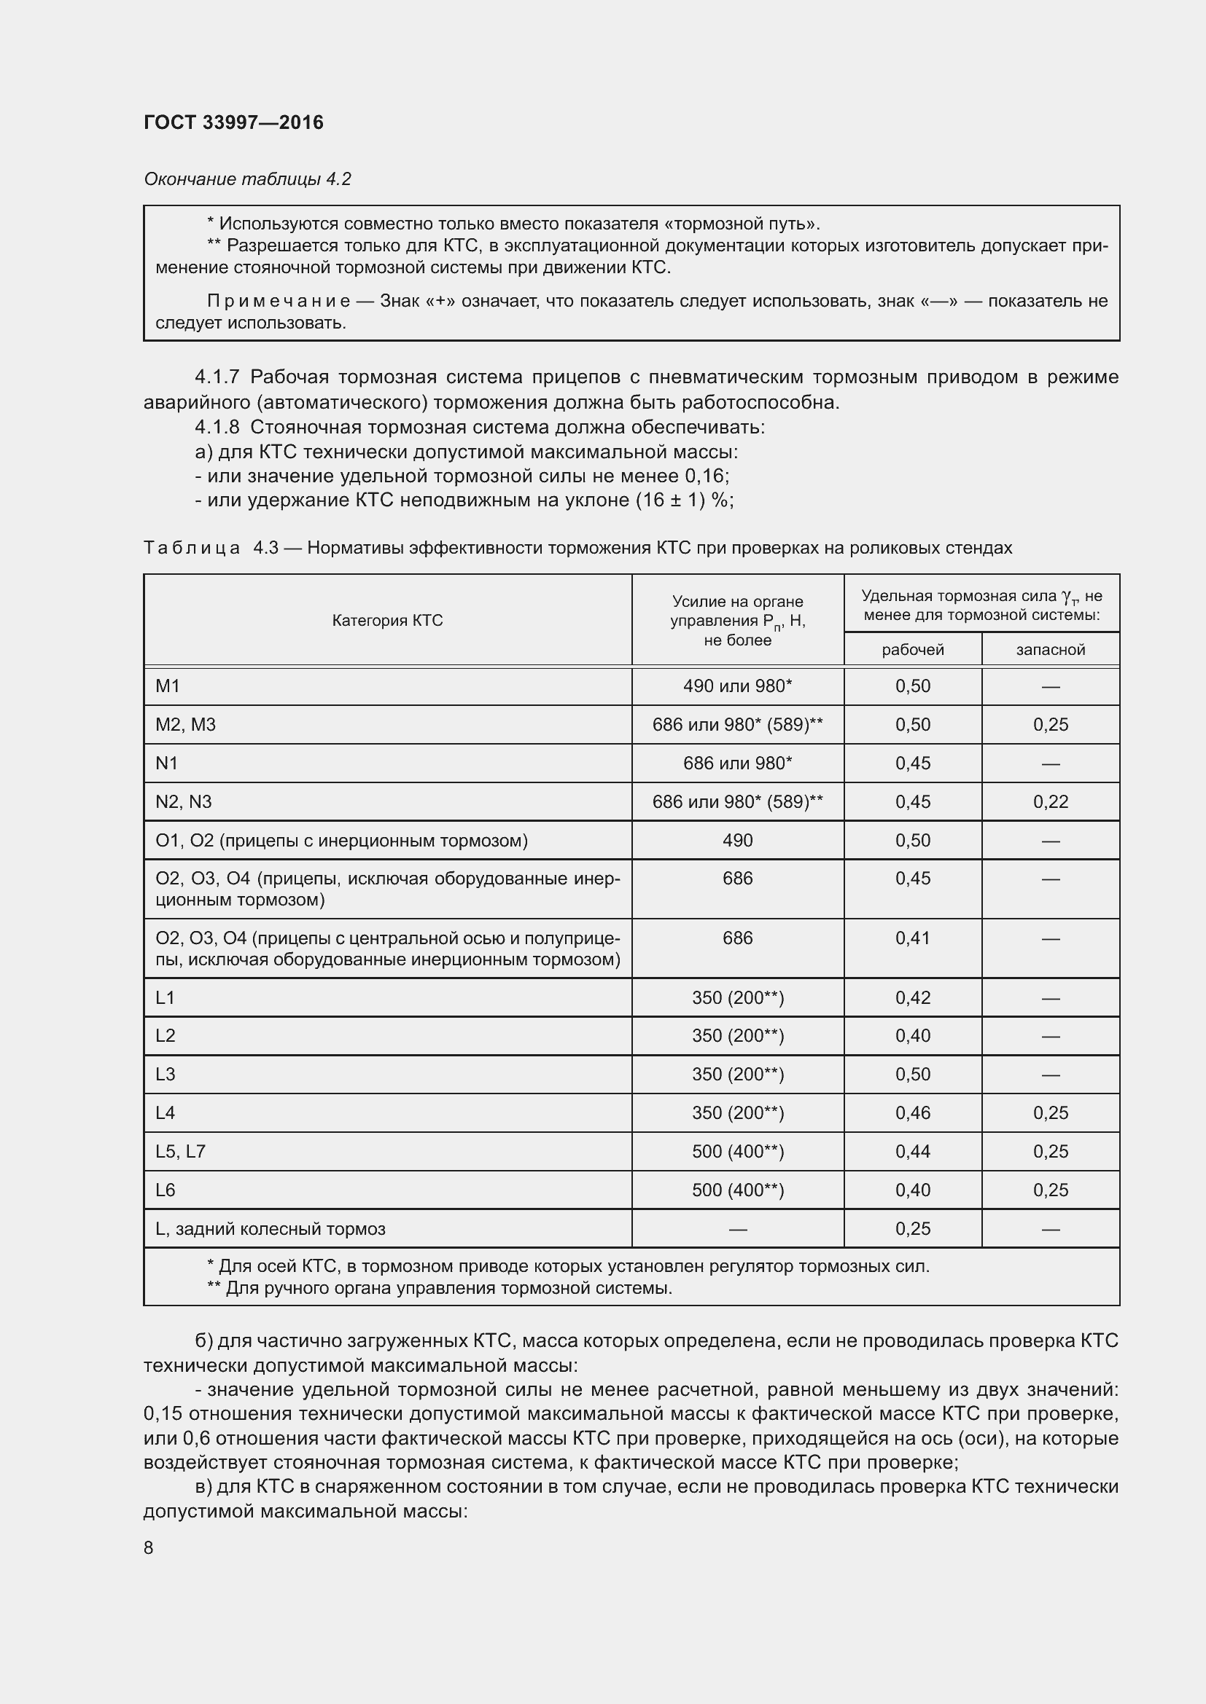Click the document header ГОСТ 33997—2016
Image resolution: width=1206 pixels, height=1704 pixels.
tap(233, 122)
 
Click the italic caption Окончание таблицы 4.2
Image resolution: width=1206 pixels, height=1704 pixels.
tap(247, 179)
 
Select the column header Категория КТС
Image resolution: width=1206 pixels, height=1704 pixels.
tap(387, 621)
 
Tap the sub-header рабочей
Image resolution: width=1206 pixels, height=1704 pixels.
tap(913, 650)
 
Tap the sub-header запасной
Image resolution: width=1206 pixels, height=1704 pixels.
tap(1050, 650)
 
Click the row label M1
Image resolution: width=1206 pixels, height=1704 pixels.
tap(168, 686)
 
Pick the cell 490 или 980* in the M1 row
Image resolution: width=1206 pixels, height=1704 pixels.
tap(737, 686)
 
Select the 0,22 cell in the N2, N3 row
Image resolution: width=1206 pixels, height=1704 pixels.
tap(1050, 802)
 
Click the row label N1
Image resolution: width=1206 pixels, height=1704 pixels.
tap(167, 763)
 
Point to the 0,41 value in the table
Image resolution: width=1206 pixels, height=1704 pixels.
tap(913, 938)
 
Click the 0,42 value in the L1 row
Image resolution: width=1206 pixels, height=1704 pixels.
tap(913, 998)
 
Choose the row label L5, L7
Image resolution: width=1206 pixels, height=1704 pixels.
tap(180, 1152)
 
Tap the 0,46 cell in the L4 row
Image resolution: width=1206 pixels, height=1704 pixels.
tap(913, 1113)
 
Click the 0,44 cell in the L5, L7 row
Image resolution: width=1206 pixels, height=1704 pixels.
tap(913, 1152)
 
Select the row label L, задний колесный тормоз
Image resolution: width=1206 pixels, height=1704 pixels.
tap(271, 1229)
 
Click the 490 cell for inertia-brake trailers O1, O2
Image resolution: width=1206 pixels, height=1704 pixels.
tap(737, 841)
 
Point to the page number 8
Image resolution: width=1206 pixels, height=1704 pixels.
tap(149, 1548)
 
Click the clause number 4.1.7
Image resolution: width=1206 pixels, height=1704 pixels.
tap(217, 377)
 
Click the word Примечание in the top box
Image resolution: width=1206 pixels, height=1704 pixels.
tap(279, 302)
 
